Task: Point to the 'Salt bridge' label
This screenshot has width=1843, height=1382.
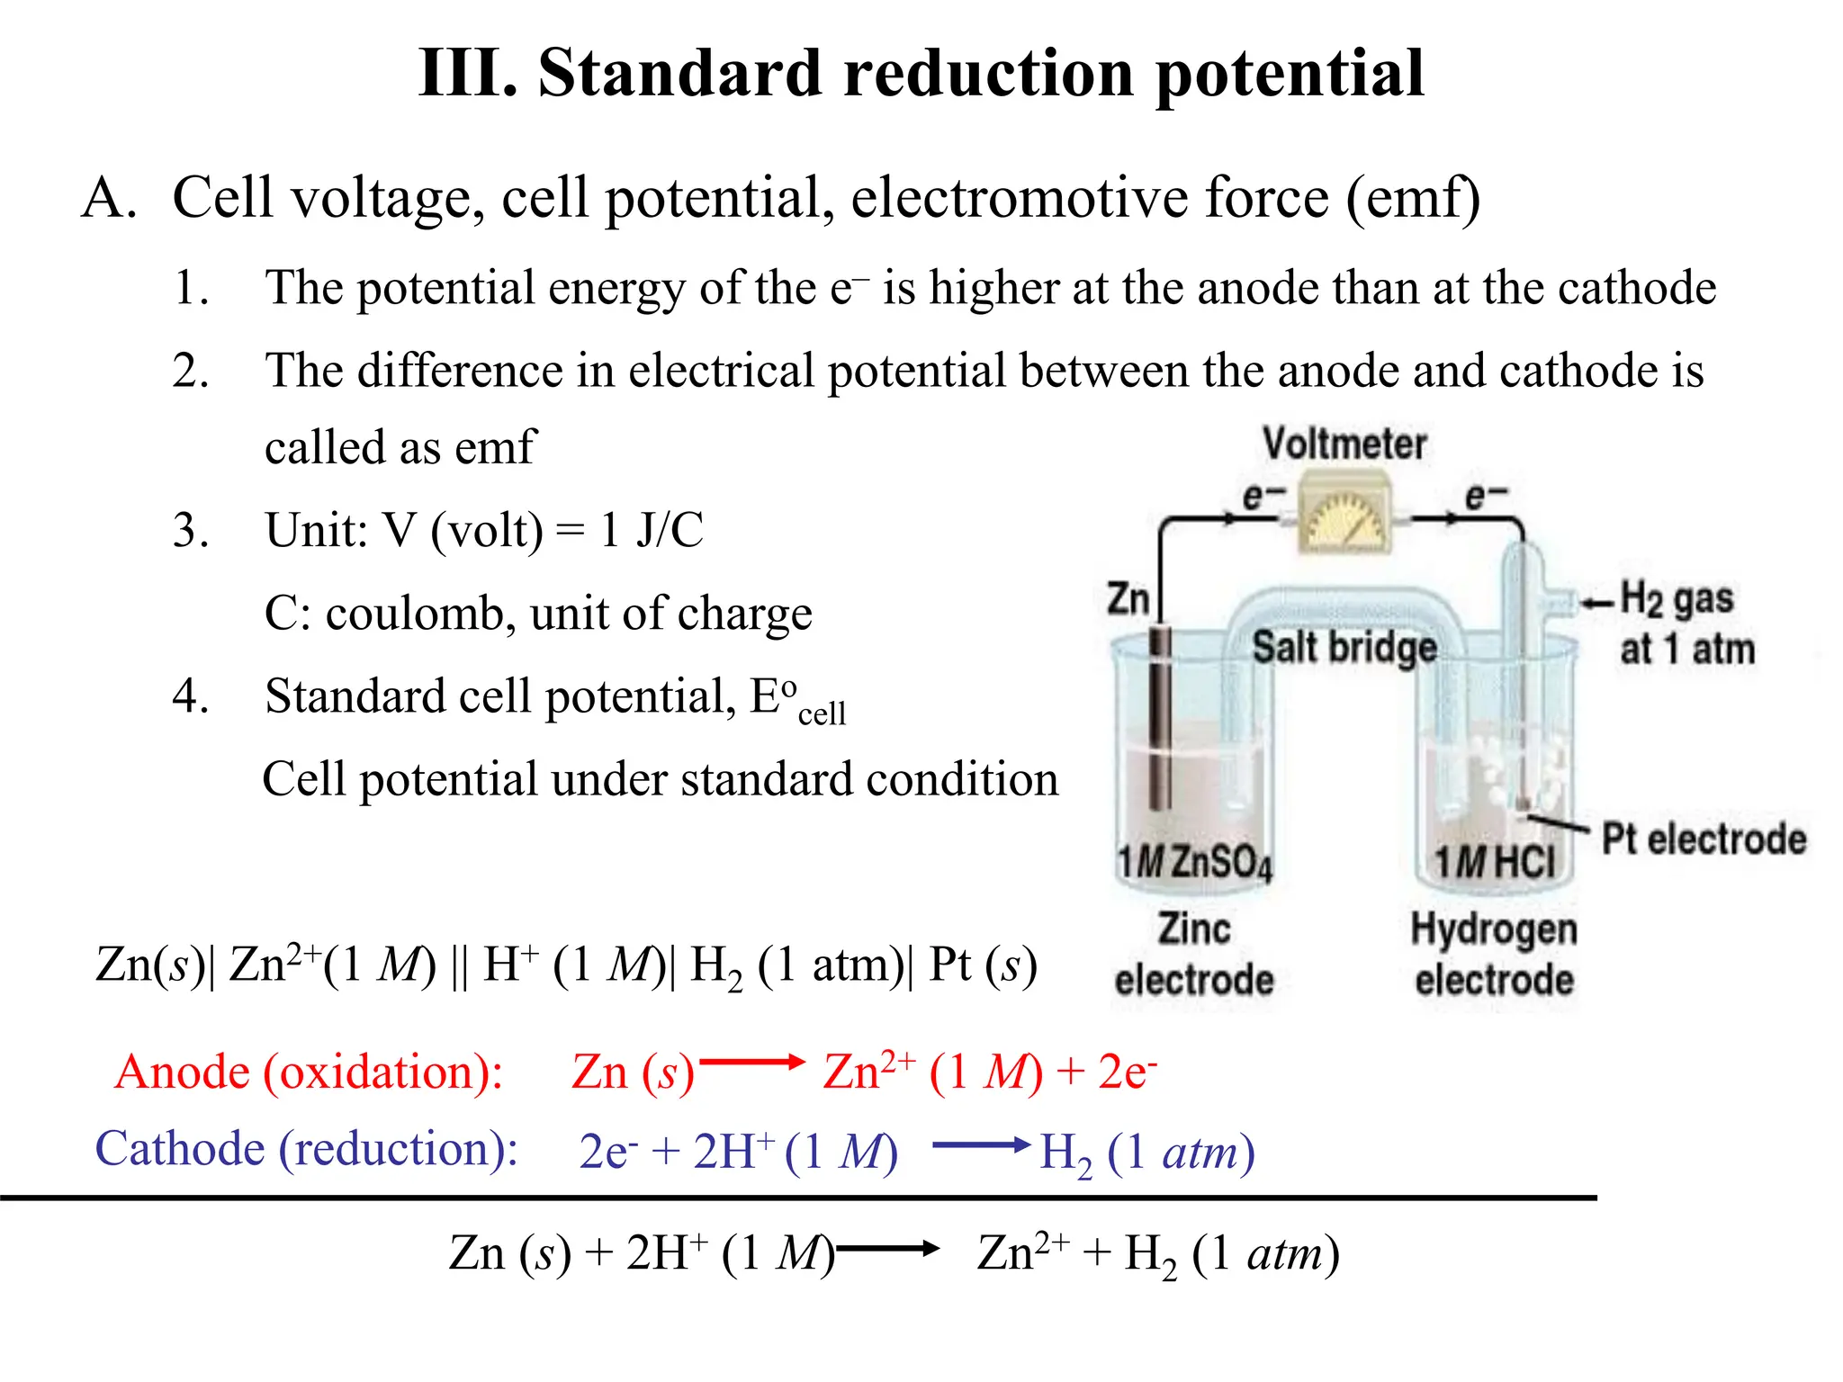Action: click(x=1344, y=647)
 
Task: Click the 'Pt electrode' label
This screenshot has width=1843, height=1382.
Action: click(x=1704, y=839)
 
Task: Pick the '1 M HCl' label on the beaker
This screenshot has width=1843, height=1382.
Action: click(x=1495, y=862)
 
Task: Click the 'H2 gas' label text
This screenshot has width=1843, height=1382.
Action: click(x=1677, y=599)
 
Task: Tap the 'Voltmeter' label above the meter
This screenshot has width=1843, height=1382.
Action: click(x=1344, y=444)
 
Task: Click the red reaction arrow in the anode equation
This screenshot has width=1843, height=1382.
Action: click(x=752, y=1063)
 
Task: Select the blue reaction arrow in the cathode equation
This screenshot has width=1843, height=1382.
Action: click(x=982, y=1145)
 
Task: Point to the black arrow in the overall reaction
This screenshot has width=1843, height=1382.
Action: click(x=887, y=1248)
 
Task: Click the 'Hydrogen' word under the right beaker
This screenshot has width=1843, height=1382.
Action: click(x=1494, y=929)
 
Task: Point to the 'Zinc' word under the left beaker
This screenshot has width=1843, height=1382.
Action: click(x=1193, y=928)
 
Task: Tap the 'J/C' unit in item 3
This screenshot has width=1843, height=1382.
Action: click(x=670, y=530)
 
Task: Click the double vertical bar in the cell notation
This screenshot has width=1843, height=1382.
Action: click(x=459, y=965)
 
